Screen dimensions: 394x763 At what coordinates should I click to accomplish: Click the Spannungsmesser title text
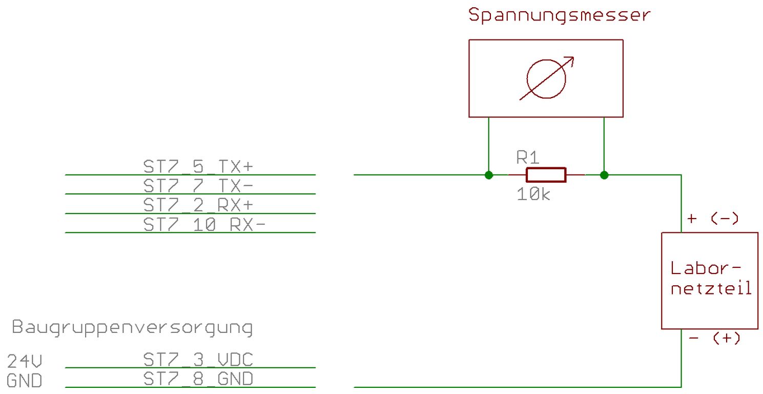pos(559,15)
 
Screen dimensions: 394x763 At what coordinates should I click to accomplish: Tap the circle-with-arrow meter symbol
pos(546,78)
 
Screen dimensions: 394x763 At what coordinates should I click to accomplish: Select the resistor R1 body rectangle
pos(546,175)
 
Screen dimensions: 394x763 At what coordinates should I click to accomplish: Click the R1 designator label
pos(528,157)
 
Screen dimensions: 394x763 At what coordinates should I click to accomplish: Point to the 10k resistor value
pos(533,194)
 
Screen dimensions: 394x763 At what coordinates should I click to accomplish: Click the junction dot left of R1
pos(489,175)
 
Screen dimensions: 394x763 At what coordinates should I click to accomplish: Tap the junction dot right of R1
pos(604,175)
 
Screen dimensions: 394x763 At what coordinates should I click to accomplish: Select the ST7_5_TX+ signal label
pos(198,167)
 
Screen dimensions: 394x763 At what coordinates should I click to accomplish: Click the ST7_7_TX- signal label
pos(198,185)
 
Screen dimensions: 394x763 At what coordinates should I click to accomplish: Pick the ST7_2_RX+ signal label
pos(198,205)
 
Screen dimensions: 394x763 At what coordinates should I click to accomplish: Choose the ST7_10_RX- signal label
pos(204,224)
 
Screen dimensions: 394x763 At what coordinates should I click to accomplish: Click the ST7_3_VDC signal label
pos(198,359)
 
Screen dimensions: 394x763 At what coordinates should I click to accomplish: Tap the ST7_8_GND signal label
pos(198,379)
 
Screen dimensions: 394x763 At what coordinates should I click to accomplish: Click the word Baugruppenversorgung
pos(132,328)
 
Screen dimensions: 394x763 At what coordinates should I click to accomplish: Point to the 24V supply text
pos(24,362)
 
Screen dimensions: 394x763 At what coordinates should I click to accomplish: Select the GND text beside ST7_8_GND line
pos(24,381)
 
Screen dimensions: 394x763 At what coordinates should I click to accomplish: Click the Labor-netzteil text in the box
pos(711,278)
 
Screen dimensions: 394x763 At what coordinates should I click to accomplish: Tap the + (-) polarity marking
pos(713,219)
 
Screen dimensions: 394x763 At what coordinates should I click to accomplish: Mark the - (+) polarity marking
pos(715,339)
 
